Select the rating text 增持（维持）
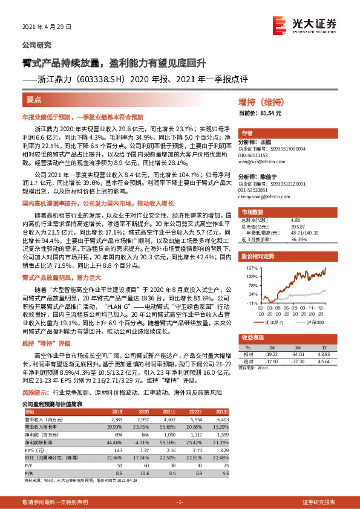coord(267,104)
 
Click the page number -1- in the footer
coord(180,502)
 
